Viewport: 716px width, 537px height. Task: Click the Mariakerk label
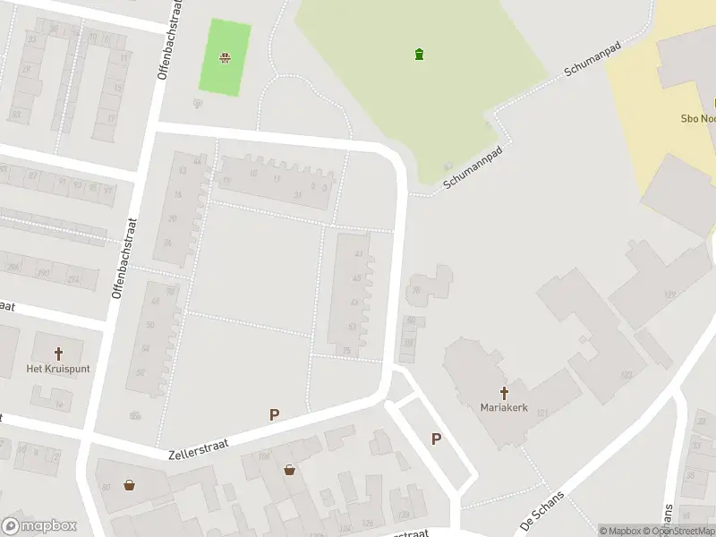pyautogui.click(x=503, y=407)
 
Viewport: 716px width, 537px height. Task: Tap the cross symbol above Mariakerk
pyautogui.click(x=504, y=392)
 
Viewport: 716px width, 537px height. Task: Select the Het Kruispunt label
pyautogui.click(x=58, y=369)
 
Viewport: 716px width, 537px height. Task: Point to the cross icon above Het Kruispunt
pyautogui.click(x=59, y=354)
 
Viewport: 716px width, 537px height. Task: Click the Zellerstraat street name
pyautogui.click(x=199, y=442)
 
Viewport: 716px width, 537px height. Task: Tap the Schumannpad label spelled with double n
pyautogui.click(x=473, y=167)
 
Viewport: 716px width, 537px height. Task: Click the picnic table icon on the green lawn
pyautogui.click(x=224, y=58)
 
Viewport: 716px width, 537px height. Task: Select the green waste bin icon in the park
pyautogui.click(x=419, y=55)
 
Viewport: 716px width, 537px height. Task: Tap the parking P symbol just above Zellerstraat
pyautogui.click(x=275, y=414)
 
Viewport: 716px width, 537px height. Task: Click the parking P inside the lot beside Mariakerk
pyautogui.click(x=436, y=439)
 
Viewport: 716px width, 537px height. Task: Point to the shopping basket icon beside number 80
pyautogui.click(x=130, y=486)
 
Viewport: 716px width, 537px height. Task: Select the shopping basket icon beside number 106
pyautogui.click(x=290, y=469)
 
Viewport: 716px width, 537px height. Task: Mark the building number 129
pyautogui.click(x=669, y=294)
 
